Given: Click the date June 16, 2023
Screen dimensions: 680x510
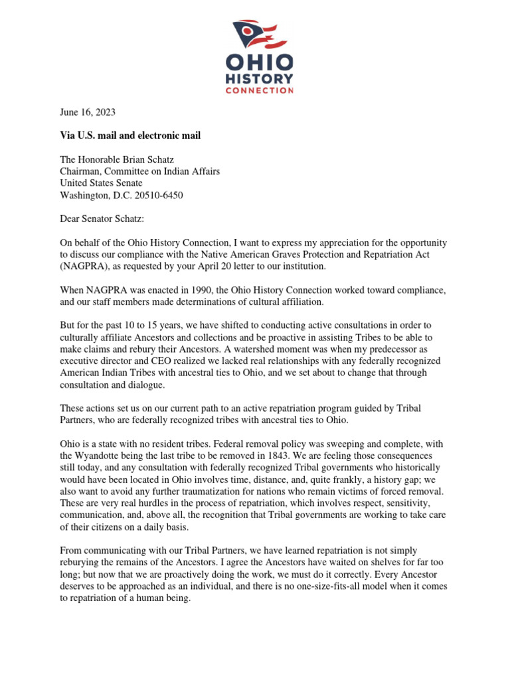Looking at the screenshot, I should coord(88,113).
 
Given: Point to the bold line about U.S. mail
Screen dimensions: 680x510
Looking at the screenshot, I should coord(130,136).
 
